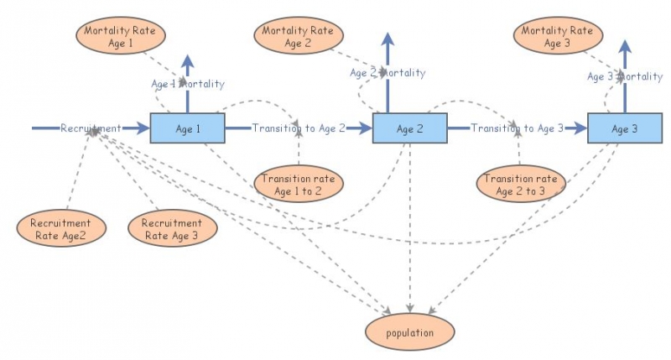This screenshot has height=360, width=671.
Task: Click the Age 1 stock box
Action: (x=187, y=128)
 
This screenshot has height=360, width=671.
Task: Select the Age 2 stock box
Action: (x=408, y=128)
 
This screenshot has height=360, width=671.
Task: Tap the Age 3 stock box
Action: (x=624, y=128)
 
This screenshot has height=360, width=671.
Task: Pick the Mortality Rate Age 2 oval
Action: (x=298, y=37)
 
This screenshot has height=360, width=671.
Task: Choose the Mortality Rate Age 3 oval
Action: (x=556, y=37)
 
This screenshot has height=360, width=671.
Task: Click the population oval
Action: (x=410, y=332)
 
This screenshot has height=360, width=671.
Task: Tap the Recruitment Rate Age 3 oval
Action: (x=172, y=229)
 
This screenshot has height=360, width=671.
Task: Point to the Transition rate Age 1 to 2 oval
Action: (x=298, y=185)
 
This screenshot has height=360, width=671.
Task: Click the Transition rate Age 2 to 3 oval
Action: (x=520, y=185)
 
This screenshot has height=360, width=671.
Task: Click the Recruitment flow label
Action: (x=91, y=128)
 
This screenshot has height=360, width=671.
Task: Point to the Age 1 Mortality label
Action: (x=187, y=84)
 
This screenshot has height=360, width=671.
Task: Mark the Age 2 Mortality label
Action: (x=388, y=73)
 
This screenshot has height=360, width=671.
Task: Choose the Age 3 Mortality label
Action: (x=624, y=76)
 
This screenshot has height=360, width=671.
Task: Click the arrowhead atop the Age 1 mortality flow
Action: (x=187, y=61)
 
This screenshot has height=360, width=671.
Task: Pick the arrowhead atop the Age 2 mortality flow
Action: (x=388, y=39)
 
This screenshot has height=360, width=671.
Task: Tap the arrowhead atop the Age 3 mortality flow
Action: (x=624, y=44)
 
